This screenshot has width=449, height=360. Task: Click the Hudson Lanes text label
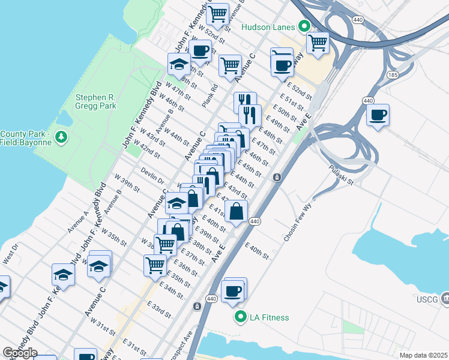click(x=268, y=27)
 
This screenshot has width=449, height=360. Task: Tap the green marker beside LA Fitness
click(x=241, y=317)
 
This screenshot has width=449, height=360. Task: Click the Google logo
click(x=20, y=352)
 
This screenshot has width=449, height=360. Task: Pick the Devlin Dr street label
click(x=152, y=175)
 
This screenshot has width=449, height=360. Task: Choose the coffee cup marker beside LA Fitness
click(x=232, y=292)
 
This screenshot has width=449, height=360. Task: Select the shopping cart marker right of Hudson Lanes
click(x=318, y=43)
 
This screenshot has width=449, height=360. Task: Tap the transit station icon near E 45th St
click(x=277, y=177)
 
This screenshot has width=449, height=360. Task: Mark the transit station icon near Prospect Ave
click(x=197, y=306)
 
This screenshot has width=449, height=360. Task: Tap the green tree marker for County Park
click(x=61, y=138)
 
